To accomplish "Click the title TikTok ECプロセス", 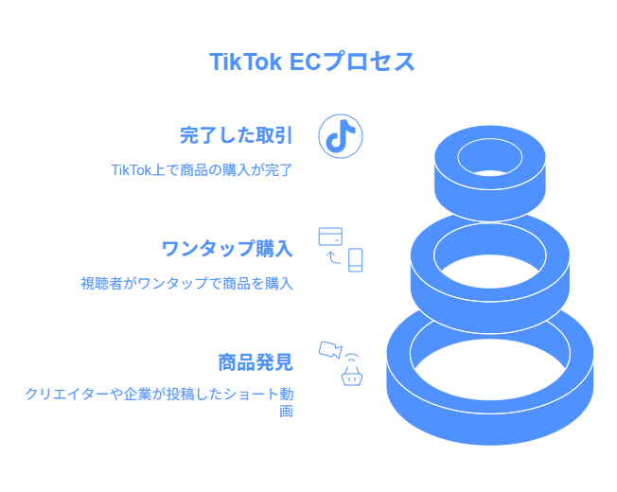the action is point(311,61).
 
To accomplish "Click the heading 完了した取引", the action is point(236,135).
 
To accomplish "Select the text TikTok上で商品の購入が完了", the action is point(202,170).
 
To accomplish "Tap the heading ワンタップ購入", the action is point(227,249).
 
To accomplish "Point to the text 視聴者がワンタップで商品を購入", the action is point(187,283).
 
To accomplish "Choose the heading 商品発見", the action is point(256,362).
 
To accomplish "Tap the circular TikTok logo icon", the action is point(341,136).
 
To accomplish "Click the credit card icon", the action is point(330,237).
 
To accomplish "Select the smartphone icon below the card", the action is point(355,260).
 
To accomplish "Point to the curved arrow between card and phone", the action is point(333,257).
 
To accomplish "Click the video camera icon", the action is point(330,350).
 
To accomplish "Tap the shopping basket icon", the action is point(352,376).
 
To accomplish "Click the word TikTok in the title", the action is point(245,61).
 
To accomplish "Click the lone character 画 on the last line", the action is point(287,412).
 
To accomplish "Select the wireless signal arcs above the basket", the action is point(352,358).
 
